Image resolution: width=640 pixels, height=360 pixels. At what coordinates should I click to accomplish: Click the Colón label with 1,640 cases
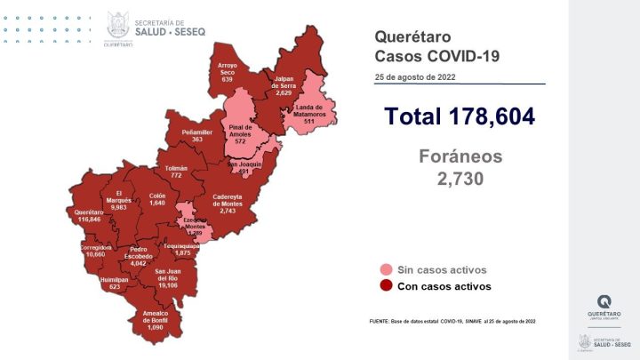(x=157, y=197)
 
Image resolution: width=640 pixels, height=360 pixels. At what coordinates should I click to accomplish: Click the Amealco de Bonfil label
(x=161, y=318)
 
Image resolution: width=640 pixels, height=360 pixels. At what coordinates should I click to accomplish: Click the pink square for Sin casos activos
(x=385, y=269)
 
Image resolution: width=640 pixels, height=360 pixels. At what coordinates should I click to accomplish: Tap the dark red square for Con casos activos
(x=385, y=286)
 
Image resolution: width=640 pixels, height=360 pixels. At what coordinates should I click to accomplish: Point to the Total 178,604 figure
(x=460, y=116)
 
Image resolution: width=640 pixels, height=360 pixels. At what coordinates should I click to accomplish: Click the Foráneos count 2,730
(x=460, y=179)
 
